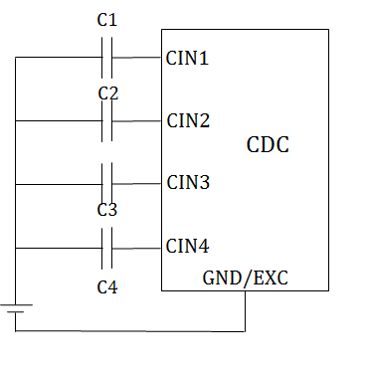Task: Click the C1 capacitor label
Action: point(108,20)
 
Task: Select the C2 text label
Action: point(108,93)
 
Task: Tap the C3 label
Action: point(108,210)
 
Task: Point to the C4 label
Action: point(107,287)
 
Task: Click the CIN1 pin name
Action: point(188,58)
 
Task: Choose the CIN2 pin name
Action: point(188,121)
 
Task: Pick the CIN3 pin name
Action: point(188,183)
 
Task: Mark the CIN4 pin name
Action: point(188,246)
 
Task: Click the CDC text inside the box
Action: point(268,146)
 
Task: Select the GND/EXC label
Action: point(246,278)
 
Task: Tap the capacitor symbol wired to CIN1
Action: point(108,58)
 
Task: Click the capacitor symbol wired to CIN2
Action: point(108,121)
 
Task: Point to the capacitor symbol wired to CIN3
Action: point(108,184)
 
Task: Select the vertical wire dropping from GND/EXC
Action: point(246,310)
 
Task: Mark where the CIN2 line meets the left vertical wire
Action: point(16,121)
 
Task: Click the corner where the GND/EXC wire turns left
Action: point(246,329)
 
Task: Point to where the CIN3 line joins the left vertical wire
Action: point(16,184)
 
